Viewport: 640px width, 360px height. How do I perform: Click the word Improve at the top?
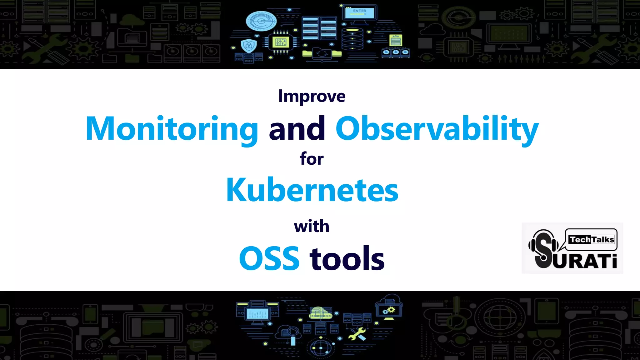(x=312, y=96)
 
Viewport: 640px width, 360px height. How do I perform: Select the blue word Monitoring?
(x=172, y=128)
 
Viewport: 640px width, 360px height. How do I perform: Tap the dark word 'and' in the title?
(x=297, y=128)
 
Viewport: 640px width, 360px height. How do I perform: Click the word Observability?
(x=437, y=128)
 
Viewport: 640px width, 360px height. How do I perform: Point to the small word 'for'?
(x=312, y=159)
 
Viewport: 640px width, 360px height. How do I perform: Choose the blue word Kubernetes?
(x=312, y=190)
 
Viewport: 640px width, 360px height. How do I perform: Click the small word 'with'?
(x=312, y=226)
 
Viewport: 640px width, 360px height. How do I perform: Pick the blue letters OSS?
(x=269, y=258)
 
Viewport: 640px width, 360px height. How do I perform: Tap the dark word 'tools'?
(x=347, y=258)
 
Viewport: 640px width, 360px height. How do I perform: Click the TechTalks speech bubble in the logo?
(x=591, y=240)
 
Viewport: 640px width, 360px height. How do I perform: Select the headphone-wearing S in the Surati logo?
(x=544, y=249)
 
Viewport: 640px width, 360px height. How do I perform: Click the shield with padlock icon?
(x=249, y=46)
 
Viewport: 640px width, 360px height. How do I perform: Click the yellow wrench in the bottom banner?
(x=357, y=334)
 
